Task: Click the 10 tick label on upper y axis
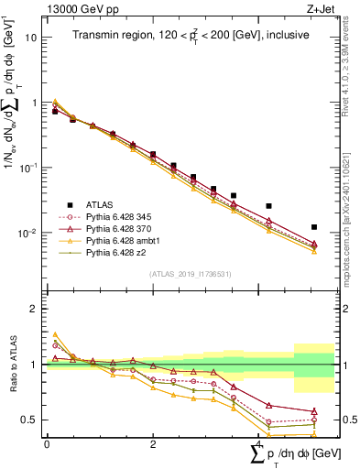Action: (31, 38)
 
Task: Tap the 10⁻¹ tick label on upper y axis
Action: (29, 168)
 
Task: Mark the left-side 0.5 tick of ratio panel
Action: (29, 420)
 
